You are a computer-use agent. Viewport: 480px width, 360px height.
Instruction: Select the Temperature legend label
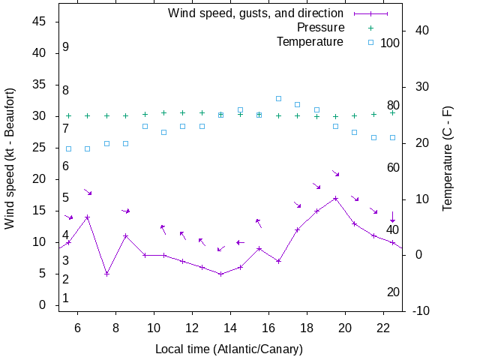pyautogui.click(x=310, y=42)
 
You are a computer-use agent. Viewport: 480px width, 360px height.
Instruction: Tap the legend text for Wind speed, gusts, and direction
pyautogui.click(x=255, y=13)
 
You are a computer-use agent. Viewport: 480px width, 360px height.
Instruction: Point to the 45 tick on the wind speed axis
pyautogui.click(x=40, y=22)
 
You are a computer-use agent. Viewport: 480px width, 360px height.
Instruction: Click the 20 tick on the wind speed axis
pyautogui.click(x=40, y=179)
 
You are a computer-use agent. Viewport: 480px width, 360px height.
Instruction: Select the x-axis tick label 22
pyautogui.click(x=383, y=328)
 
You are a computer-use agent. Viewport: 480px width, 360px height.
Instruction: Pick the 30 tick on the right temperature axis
pyautogui.click(x=415, y=86)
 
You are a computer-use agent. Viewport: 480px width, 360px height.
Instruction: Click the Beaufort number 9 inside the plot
pyautogui.click(x=66, y=47)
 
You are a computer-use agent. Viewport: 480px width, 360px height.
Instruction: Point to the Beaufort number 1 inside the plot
pyautogui.click(x=66, y=298)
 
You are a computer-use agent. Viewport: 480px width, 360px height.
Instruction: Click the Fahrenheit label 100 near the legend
pyautogui.click(x=390, y=43)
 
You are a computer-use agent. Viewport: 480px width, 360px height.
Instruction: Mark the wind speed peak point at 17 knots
pyautogui.click(x=335, y=199)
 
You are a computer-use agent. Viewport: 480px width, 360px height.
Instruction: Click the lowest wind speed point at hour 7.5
pyautogui.click(x=106, y=274)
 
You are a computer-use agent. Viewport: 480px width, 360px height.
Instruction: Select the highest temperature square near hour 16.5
pyautogui.click(x=278, y=98)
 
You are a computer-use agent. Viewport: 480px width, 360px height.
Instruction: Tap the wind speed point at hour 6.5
pyautogui.click(x=88, y=217)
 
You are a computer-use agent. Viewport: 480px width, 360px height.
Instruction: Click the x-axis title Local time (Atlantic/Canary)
pyautogui.click(x=229, y=349)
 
